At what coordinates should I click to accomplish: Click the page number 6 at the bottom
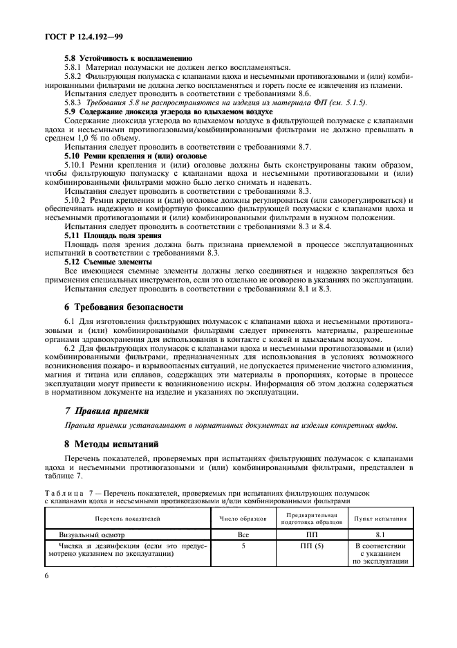[46, 575]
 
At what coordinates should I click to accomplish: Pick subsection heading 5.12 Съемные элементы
[109, 262]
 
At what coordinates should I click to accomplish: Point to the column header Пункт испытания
[380, 518]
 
